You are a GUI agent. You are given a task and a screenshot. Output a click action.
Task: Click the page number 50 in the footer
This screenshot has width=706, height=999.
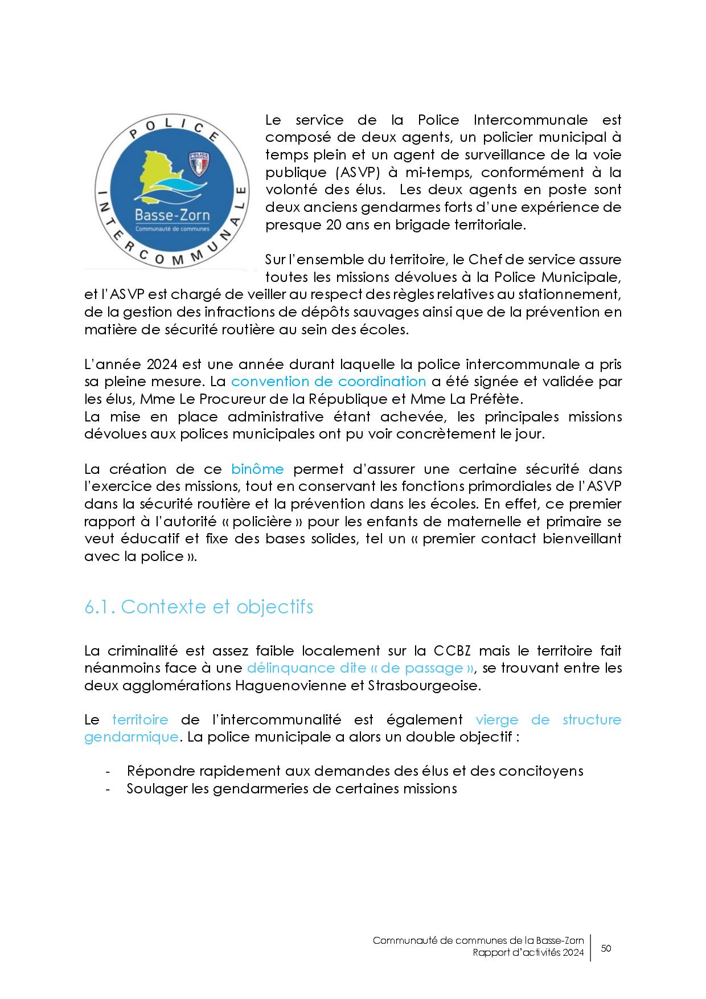(606, 948)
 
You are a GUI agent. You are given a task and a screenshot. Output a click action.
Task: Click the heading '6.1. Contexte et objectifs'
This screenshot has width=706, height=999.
(199, 607)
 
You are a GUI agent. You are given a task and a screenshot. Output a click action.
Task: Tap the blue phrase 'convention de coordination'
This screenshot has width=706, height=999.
(329, 382)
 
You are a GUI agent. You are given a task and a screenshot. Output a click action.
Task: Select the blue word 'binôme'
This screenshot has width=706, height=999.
(257, 469)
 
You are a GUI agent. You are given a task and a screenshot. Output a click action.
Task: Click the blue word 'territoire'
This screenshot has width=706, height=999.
(140, 720)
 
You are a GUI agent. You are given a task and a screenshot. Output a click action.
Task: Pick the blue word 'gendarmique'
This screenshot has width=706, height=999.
(132, 737)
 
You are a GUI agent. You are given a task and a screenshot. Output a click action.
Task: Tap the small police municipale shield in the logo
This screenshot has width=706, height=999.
(199, 163)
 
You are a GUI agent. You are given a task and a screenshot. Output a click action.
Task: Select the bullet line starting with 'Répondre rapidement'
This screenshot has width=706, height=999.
(355, 771)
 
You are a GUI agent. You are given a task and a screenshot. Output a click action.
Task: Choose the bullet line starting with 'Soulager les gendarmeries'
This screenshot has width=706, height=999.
(292, 789)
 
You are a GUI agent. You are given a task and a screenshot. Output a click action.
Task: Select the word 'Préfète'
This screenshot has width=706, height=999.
(507, 399)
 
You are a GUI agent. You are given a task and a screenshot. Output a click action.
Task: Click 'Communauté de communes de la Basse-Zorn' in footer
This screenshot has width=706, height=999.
(478, 941)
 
